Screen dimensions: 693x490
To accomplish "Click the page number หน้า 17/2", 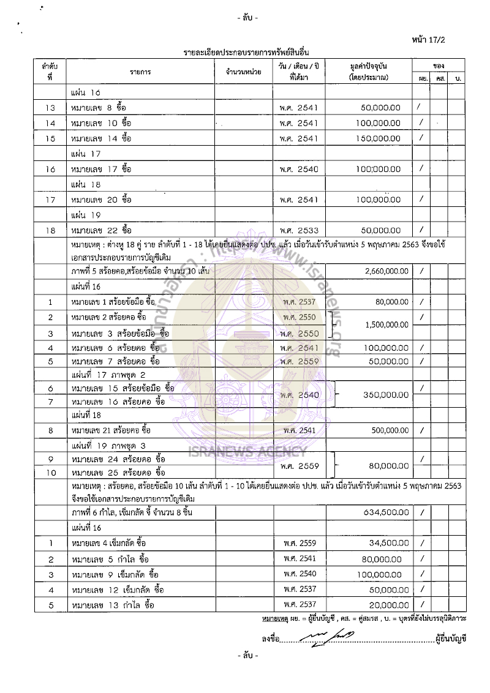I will pos(447,40).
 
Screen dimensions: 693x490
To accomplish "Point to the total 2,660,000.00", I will pos(382,271).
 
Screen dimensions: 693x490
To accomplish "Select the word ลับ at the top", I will pos(247,18).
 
